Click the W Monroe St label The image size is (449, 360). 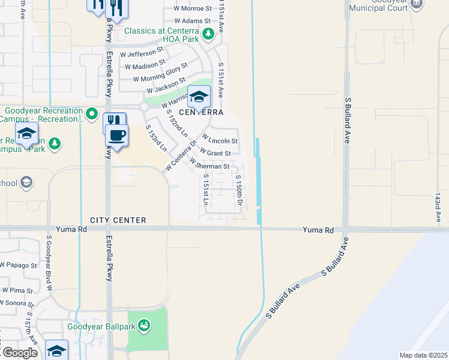(193, 9)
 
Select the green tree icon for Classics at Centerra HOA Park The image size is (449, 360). (208, 34)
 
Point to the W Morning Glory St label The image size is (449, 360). (160, 74)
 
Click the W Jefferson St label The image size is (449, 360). (142, 53)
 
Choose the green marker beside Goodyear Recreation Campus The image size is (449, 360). (91, 113)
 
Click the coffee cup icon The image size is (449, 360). (117, 136)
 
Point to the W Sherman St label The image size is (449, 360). (209, 166)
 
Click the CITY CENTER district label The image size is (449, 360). (118, 220)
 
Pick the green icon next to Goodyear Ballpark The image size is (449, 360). (143, 326)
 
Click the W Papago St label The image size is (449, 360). (19, 265)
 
